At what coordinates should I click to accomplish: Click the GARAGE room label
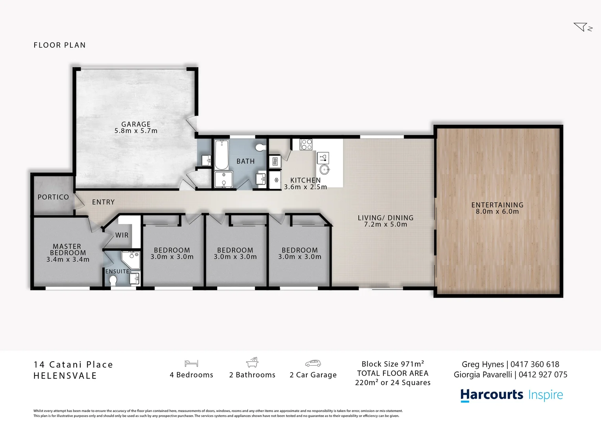coord(136,124)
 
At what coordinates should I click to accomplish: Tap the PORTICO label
coord(53,197)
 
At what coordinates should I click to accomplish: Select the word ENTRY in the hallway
coord(103,202)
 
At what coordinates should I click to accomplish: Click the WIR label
coord(122,235)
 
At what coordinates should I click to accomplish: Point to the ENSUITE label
coord(117,272)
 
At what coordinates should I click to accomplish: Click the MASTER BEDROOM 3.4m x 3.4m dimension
coord(68,260)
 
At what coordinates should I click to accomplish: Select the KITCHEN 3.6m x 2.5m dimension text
coord(306,187)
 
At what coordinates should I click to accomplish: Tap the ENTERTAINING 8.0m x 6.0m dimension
coord(497,211)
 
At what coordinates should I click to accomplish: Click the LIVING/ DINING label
coord(385,218)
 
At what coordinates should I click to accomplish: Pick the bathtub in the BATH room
coord(221,154)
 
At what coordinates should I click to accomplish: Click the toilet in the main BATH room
coord(260,147)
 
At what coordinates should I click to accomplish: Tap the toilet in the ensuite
coord(113,280)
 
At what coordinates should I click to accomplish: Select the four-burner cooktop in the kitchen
coord(306,144)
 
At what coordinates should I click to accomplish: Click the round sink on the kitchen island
coord(325,170)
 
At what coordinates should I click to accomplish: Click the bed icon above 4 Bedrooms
coord(191,363)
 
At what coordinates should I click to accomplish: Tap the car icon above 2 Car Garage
coord(313,363)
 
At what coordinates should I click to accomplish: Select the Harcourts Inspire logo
coord(511,395)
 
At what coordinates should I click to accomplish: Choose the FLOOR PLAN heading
coord(60,45)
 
